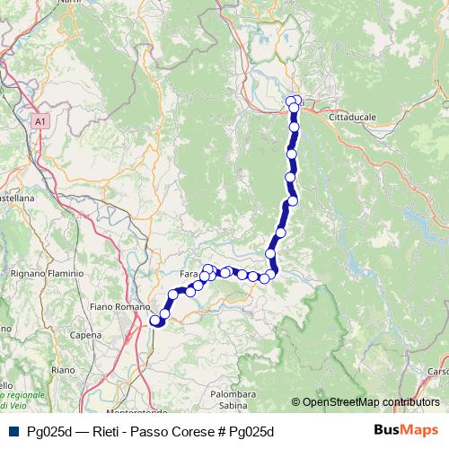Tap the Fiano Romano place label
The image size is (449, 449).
tap(119, 307)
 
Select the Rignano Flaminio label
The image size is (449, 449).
tap(47, 273)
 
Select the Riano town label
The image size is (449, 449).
tap(63, 369)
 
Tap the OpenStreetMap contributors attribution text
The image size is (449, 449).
tap(371, 402)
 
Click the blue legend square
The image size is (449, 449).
tap(12, 430)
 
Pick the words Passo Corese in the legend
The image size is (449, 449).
tap(169, 430)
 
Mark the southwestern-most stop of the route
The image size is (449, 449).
tap(154, 320)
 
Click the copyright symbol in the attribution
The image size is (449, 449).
tap(295, 402)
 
